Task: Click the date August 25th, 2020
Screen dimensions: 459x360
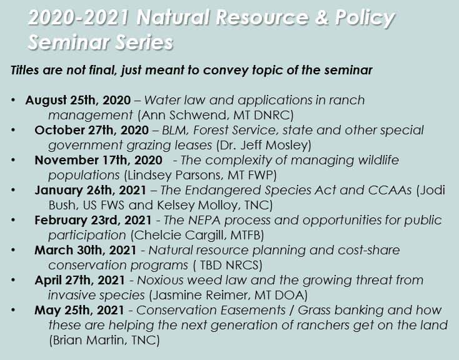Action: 78,101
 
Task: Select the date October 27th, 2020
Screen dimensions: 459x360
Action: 92,130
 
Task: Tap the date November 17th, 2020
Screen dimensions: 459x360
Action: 98,161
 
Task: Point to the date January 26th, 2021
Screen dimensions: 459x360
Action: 90,190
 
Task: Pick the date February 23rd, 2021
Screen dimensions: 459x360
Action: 93,220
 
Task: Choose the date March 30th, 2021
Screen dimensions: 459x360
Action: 86,250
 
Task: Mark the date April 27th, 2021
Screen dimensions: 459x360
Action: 79,280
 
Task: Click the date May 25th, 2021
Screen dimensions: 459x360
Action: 79,310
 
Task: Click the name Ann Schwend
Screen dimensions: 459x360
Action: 185,115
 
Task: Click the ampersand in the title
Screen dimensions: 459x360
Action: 321,17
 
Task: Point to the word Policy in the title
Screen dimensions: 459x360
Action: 365,19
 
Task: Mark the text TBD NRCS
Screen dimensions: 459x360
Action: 229,265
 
